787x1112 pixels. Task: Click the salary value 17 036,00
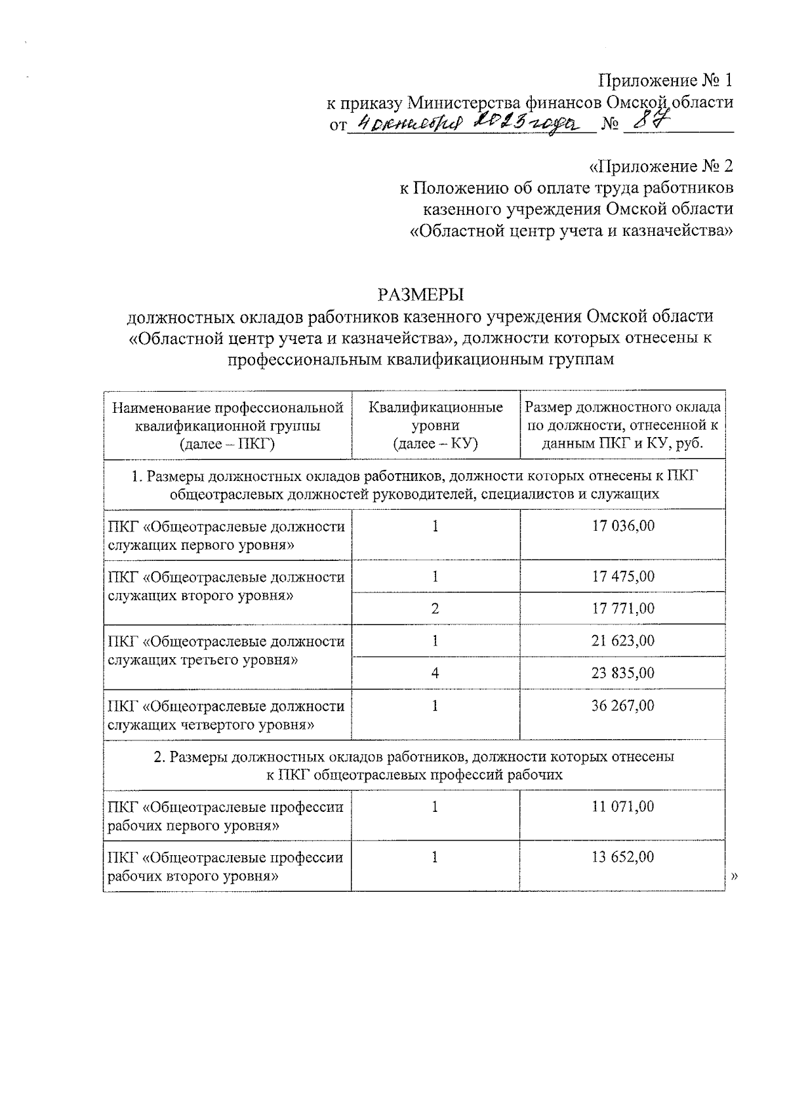[622, 526]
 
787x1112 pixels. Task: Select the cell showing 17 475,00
[622, 577]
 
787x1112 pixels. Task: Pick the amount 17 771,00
[622, 608]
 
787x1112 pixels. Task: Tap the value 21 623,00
[622, 640]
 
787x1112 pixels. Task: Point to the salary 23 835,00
[622, 673]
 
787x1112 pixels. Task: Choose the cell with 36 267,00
[622, 706]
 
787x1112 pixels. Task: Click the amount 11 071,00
[622, 807]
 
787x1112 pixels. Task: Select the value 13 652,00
[622, 857]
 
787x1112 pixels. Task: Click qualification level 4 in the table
[435, 673]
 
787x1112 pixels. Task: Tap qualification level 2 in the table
[435, 608]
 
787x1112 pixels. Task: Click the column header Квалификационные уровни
[435, 425]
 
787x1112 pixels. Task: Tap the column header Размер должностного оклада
[622, 425]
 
